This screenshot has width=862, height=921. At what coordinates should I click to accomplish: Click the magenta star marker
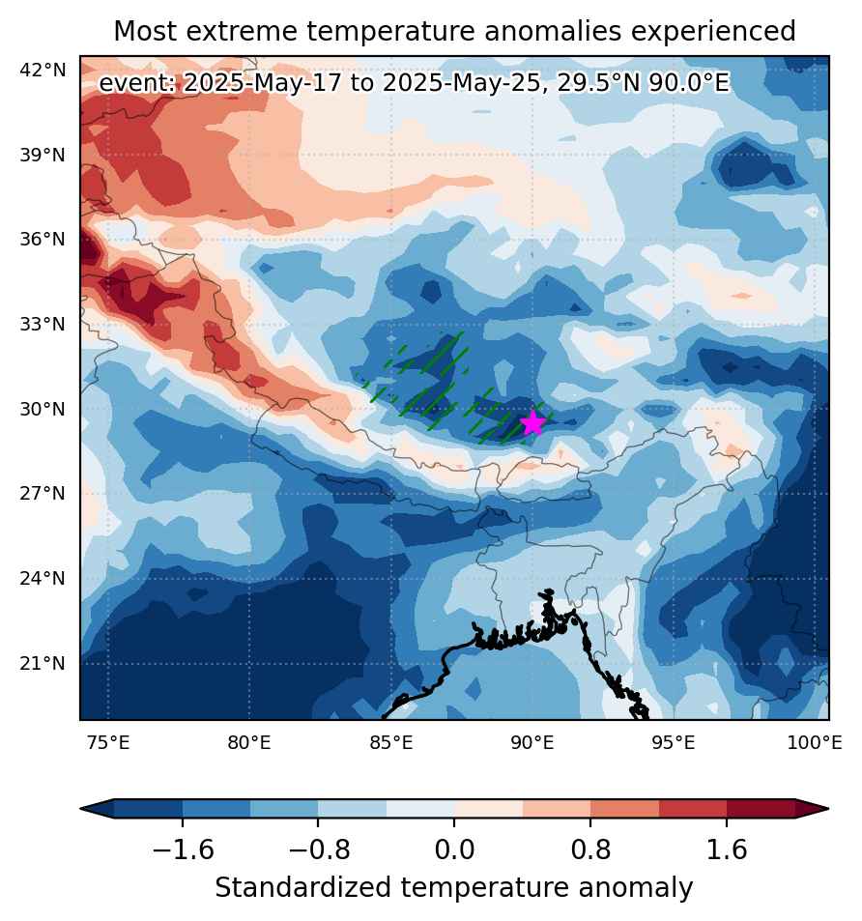tap(532, 423)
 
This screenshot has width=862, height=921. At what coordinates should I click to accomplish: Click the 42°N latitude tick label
tap(43, 71)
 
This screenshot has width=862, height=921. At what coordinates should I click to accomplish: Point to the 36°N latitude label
tap(43, 240)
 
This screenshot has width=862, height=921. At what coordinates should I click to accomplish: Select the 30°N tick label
tap(43, 409)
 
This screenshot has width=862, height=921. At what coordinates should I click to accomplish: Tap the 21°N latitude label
tap(43, 664)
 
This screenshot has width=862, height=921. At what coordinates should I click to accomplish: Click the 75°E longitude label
tap(108, 743)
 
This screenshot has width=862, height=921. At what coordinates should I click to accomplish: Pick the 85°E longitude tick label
tap(391, 743)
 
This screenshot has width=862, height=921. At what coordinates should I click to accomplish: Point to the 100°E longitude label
tap(815, 743)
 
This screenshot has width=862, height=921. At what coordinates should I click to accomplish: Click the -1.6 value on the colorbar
tap(183, 849)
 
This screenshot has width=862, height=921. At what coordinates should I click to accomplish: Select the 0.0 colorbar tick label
tap(454, 849)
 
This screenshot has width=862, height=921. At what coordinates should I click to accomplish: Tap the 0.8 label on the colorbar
tap(590, 849)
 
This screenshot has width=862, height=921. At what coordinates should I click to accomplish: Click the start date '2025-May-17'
tap(262, 83)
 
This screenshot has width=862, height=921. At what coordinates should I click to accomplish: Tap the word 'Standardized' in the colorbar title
tap(303, 887)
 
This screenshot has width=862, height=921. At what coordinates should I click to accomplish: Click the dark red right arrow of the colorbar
tap(812, 809)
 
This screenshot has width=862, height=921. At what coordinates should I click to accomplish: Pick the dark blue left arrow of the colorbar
tap(97, 809)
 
